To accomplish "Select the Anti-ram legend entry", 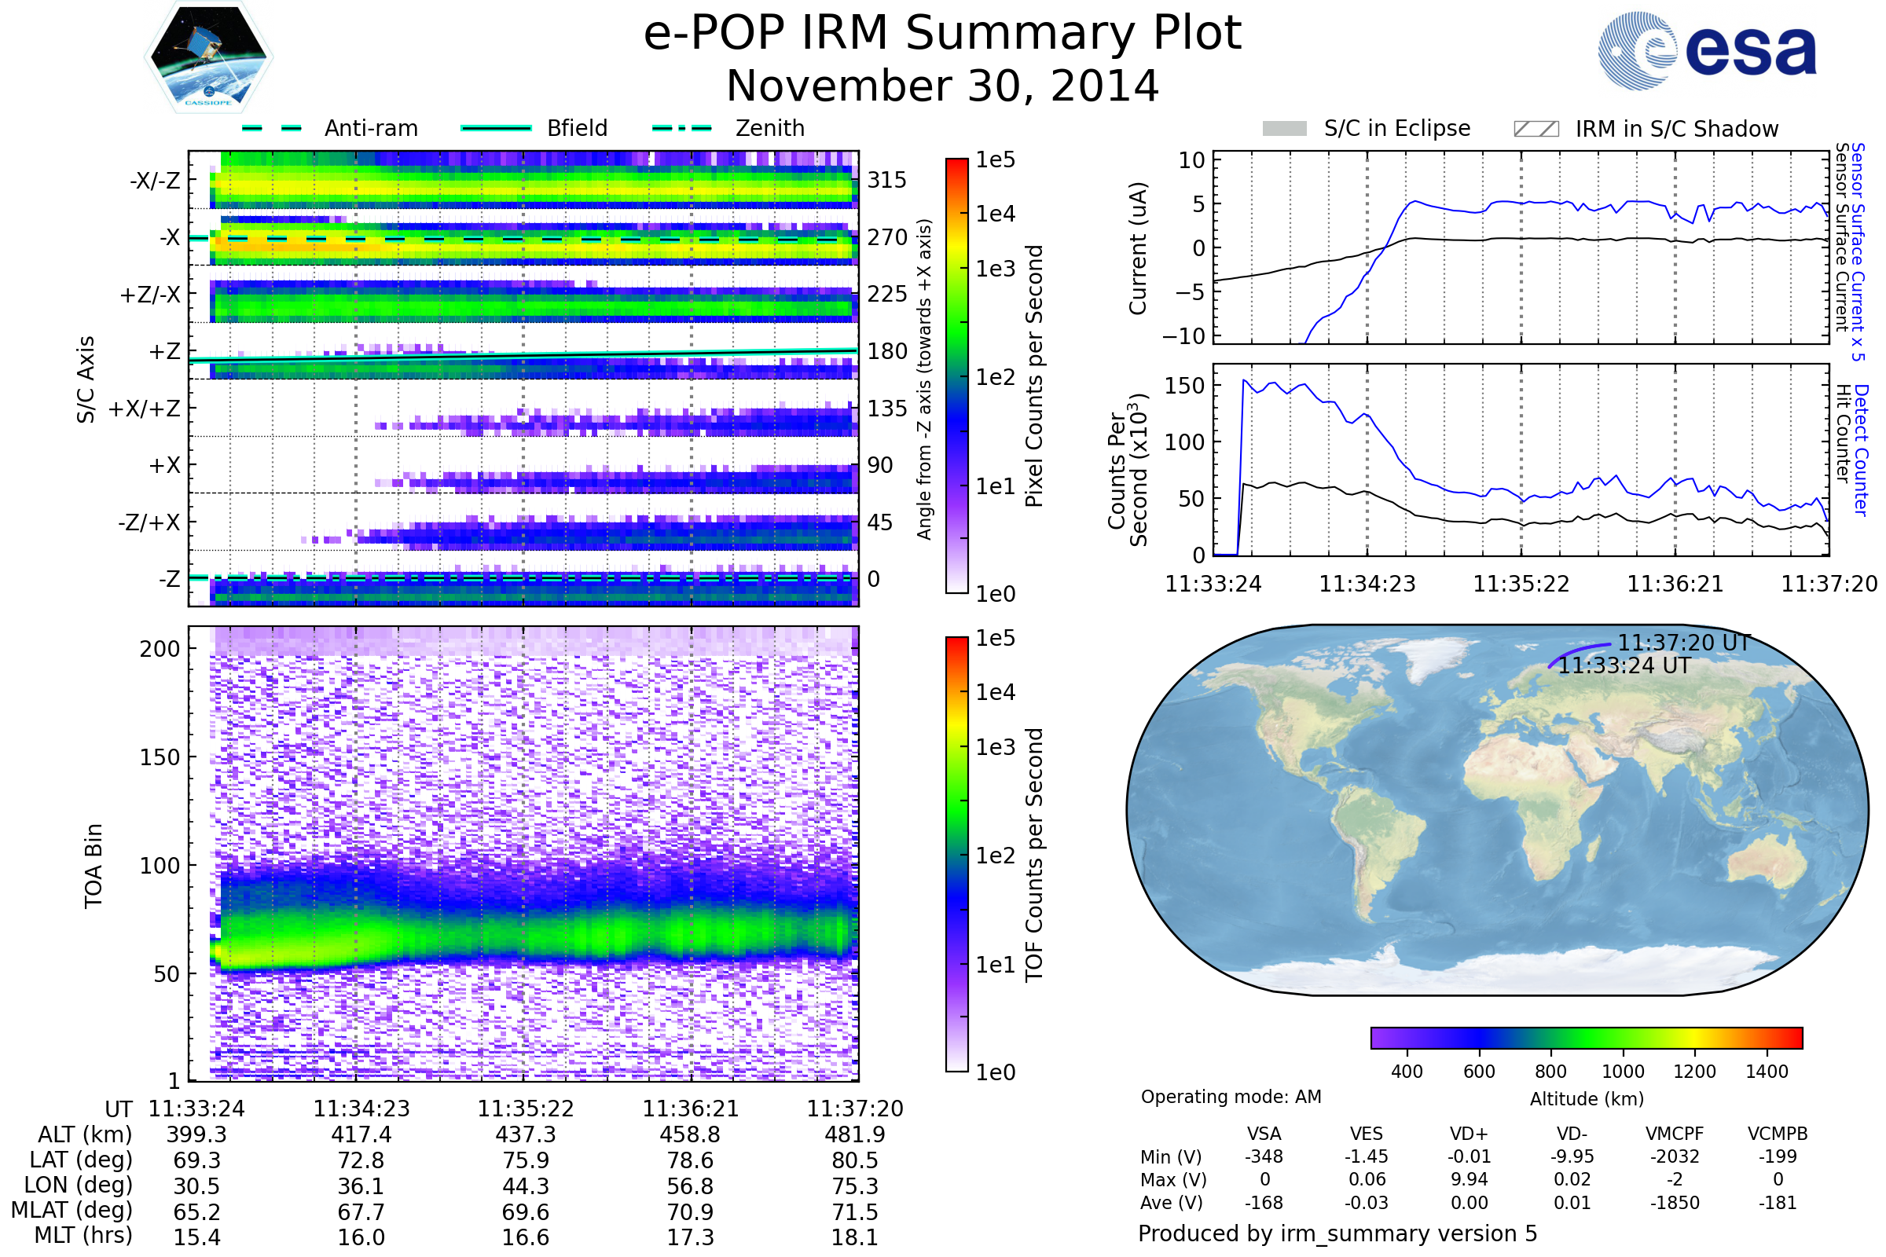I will (370, 128).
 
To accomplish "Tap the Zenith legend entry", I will (769, 128).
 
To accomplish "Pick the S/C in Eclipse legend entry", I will (1396, 128).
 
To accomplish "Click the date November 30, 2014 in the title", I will (942, 86).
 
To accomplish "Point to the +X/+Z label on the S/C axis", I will (145, 409).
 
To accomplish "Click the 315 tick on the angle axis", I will (886, 180).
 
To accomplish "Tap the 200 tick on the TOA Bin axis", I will (160, 649).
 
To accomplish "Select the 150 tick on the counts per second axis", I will (1184, 386).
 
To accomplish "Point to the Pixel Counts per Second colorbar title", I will (1034, 376).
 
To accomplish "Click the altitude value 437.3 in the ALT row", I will (525, 1134).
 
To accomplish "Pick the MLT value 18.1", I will (854, 1237).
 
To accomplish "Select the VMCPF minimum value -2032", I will (1675, 1156).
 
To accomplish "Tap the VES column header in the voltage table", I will (1367, 1134).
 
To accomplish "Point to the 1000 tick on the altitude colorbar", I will (1622, 1072).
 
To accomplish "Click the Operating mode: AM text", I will (1231, 1097).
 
